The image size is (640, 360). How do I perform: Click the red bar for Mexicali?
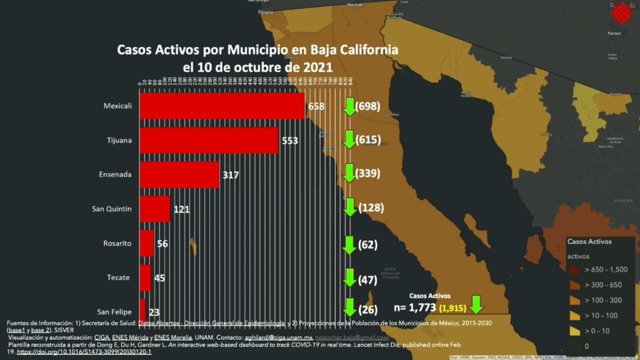[222, 106]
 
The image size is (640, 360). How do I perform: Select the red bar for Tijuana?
[209, 140]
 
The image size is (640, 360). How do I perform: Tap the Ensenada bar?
[179, 174]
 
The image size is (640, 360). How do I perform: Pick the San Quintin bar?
[154, 208]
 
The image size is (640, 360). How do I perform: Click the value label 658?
[316, 106]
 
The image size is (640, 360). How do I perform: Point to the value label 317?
[231, 175]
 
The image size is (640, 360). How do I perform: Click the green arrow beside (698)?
[350, 106]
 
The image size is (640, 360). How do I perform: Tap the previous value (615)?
[368, 140]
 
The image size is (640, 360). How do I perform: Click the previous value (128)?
[370, 207]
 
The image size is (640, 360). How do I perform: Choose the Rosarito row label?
[116, 243]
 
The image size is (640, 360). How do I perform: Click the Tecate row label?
[119, 277]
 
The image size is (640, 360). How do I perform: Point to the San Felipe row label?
[114, 311]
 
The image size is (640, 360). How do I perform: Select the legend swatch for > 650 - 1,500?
[575, 270]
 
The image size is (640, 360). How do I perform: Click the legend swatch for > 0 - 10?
[575, 331]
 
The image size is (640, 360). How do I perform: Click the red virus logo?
[621, 13]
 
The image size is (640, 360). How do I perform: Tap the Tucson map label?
[614, 33]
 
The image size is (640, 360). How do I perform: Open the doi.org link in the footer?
[84, 352]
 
